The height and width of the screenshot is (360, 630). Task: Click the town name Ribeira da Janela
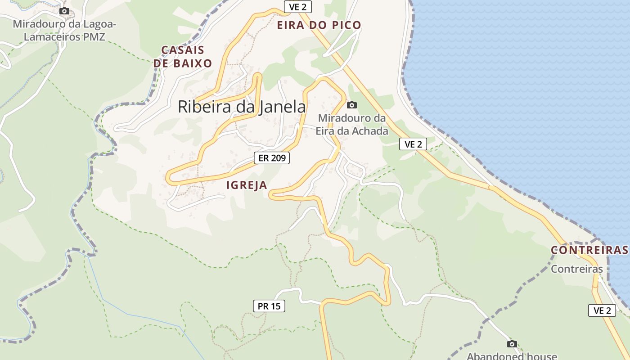[242, 107]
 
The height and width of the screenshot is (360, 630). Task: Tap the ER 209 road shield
[272, 158]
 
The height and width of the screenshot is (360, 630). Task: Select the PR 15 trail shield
[269, 306]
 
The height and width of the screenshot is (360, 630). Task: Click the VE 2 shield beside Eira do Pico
[298, 7]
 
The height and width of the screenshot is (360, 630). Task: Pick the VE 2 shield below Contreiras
[602, 310]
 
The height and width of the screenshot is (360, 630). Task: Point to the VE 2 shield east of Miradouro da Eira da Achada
[413, 144]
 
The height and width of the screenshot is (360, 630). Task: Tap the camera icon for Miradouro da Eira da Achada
[352, 105]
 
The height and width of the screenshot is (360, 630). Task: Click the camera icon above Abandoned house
[512, 344]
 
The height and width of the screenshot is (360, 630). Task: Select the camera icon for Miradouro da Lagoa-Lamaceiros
[64, 11]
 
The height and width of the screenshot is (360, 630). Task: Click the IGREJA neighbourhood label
[247, 185]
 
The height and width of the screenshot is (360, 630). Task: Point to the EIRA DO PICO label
[319, 25]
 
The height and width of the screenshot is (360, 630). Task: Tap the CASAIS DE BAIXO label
[183, 57]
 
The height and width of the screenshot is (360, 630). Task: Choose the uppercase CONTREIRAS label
[589, 250]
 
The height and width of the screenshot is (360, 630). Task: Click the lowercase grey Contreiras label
[577, 269]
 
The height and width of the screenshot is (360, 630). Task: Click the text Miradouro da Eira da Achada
[352, 125]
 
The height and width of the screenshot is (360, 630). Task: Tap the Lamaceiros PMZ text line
[64, 37]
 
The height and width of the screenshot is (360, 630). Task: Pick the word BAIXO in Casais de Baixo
[193, 63]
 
